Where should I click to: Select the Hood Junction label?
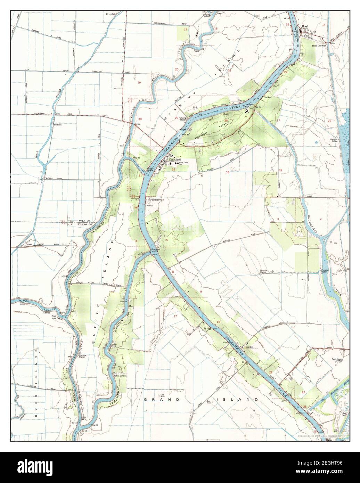tap(319, 46)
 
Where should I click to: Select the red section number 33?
tap(227, 172)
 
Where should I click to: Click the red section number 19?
tap(139, 82)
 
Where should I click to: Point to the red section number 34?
tap(280, 170)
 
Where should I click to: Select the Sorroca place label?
tap(57, 124)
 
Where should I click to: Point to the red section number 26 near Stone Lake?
tap(329, 121)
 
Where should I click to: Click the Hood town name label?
tap(305, 26)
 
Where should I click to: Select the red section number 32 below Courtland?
tap(173, 169)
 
